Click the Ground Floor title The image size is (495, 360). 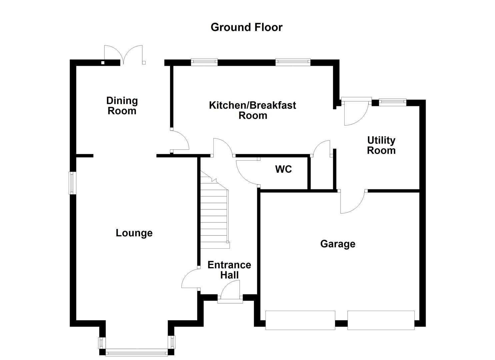pos(246,27)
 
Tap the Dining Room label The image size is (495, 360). pos(122,106)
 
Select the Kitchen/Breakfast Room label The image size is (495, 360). pos(252,110)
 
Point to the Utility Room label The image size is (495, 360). pos(381,145)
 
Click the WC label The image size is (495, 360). pos(283,169)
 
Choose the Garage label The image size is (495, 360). pos(338,244)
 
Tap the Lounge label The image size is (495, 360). pos(134,233)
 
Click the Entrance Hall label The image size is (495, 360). pos(229,270)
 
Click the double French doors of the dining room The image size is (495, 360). pos(124,55)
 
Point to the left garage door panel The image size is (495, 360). pos(300,320)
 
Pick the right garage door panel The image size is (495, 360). pos(381,320)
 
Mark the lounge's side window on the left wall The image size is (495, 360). pos(72,183)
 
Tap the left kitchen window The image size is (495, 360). pos(204,62)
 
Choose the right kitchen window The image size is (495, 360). pos(293,62)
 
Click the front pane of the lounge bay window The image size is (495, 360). pos(136,352)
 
